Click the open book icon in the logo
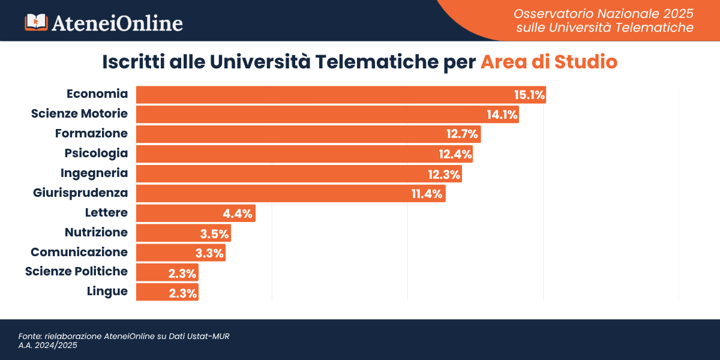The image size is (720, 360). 35,22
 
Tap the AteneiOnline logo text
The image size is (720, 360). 117,23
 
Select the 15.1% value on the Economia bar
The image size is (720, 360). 529,95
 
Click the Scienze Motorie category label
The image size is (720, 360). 79,113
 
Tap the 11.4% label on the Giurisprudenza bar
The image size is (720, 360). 427,194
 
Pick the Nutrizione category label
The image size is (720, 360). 96,232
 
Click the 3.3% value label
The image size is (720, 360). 209,253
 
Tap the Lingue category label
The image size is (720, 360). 107,291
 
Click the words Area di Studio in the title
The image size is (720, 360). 548,62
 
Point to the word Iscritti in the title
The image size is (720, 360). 132,62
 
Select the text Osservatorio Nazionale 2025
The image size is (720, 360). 604,14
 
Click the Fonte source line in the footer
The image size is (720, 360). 124,337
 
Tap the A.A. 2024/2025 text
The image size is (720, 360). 47,346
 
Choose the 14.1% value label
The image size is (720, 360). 502,115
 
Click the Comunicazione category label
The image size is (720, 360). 79,252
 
